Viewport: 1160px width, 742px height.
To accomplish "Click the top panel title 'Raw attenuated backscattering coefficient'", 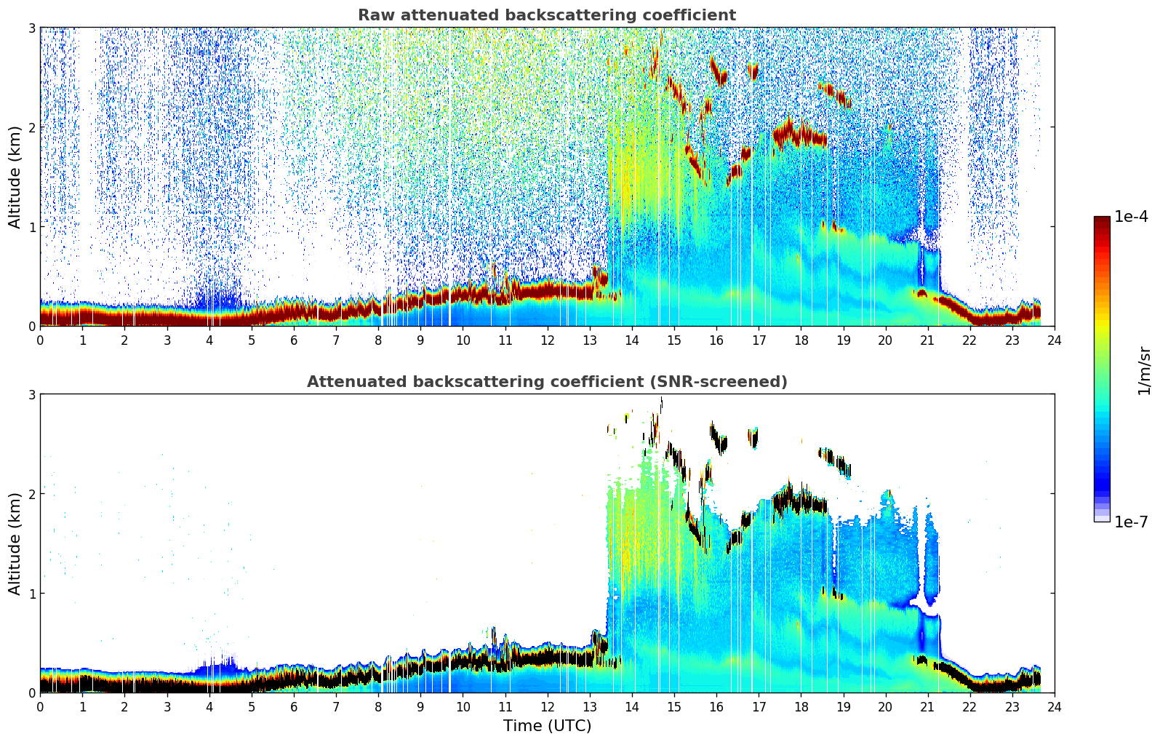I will click(x=546, y=15).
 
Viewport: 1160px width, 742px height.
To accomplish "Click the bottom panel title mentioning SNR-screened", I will click(x=546, y=382).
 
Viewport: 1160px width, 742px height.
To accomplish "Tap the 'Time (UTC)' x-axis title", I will click(x=547, y=725).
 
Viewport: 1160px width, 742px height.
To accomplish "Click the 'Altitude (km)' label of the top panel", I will click(x=15, y=177).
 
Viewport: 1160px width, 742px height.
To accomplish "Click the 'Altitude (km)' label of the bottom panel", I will click(x=15, y=543).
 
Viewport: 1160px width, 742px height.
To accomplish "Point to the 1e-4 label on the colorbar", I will click(x=1131, y=217).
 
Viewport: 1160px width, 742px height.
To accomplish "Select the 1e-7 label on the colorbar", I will click(x=1131, y=522).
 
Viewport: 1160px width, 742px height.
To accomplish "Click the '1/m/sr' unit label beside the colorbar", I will click(x=1144, y=371).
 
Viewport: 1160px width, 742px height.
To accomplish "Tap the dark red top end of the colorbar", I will click(x=1102, y=220).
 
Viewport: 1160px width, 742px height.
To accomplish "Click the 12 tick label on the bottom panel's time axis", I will click(x=547, y=707).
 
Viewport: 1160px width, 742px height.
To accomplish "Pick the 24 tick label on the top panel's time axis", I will click(x=1054, y=340).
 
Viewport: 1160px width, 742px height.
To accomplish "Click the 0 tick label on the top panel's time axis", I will click(x=40, y=340).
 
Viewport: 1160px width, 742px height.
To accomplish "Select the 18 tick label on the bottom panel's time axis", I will click(x=801, y=707).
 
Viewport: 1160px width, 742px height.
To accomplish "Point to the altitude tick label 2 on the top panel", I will click(x=31, y=127).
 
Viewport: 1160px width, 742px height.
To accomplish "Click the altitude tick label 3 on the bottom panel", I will click(x=31, y=395).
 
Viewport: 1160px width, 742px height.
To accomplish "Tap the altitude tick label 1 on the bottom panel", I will click(x=31, y=594).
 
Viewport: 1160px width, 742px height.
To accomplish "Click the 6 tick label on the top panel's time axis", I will click(x=294, y=340).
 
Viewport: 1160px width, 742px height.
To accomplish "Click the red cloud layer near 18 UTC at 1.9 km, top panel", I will click(x=800, y=135).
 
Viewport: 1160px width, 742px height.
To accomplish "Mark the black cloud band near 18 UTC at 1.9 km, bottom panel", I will click(x=800, y=502).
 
